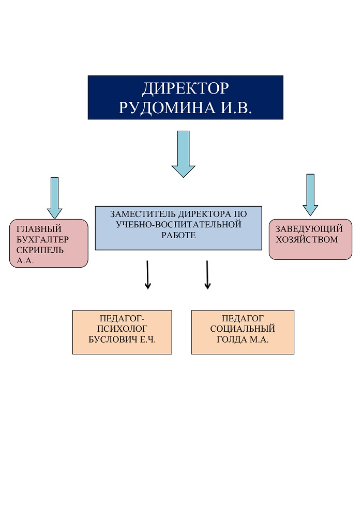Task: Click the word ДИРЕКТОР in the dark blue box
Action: point(185,88)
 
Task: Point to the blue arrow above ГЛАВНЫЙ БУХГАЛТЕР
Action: point(54,197)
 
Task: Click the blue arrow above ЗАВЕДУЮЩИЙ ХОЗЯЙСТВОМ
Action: point(310,194)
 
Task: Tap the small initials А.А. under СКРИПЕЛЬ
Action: point(25,260)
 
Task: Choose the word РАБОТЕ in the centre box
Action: point(178,235)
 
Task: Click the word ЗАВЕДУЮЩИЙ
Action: point(309,229)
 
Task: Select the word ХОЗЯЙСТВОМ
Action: point(306,239)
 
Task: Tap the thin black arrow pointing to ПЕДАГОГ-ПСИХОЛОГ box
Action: point(147,275)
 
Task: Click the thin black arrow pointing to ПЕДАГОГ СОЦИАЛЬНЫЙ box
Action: point(207,275)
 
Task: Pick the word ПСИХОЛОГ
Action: point(122,329)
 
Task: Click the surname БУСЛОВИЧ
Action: point(115,339)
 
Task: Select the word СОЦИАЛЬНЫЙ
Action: point(243,329)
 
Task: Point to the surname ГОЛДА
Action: point(231,339)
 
